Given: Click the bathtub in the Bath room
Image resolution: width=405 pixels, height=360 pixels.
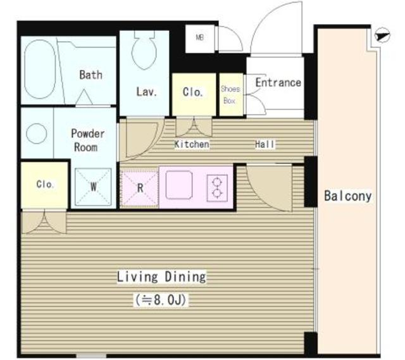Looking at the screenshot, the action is coord(40,69).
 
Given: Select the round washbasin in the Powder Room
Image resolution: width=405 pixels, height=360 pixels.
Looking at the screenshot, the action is coord(37,133).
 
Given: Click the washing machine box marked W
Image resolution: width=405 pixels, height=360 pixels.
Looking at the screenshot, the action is coord(93,187).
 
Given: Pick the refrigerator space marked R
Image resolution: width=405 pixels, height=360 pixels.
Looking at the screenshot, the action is coord(139,188).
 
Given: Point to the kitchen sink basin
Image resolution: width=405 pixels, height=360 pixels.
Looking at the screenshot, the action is coord(178,185).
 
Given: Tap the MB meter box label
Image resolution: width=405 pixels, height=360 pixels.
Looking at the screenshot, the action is coord(200,38).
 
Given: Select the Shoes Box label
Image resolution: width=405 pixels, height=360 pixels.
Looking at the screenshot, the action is coord(230,94).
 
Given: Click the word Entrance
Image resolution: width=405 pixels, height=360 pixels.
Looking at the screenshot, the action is coord(278,83).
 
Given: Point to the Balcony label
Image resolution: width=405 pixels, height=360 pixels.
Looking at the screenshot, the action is coord(347,196).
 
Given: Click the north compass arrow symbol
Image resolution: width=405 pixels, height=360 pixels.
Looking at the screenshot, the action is coord(382,35).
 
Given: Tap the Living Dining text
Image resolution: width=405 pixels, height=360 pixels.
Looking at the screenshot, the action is coord(161,277).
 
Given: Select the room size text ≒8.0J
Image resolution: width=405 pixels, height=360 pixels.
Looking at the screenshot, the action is coord(161,300).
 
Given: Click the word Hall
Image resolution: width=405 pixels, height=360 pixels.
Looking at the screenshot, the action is coord(265,144).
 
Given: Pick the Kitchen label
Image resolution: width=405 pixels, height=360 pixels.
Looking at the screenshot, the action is coord(192,144).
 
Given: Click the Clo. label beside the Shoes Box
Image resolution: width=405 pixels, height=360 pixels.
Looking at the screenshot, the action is coord(192,92).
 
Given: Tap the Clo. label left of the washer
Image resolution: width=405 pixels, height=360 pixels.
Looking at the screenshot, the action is coord(45,184).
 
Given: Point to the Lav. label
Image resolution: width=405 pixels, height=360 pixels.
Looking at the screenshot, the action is coord(146,92).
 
